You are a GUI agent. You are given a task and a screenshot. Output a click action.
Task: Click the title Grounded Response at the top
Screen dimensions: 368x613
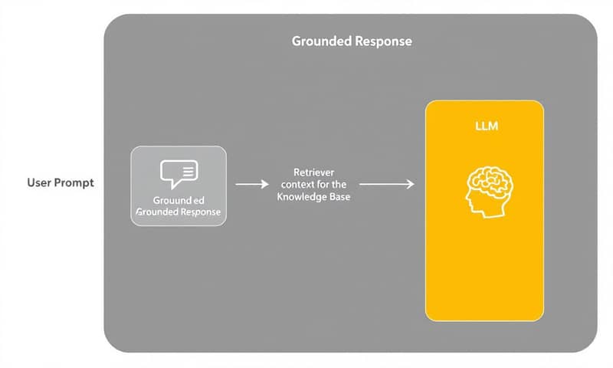[352, 41]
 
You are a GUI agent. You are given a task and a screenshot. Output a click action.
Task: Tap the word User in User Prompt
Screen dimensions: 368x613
[40, 183]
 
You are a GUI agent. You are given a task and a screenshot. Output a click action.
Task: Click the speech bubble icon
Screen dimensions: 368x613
[179, 173]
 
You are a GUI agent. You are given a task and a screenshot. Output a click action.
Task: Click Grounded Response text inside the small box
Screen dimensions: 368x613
[179, 212]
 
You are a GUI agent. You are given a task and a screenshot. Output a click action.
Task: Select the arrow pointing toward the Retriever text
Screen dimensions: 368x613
[251, 184]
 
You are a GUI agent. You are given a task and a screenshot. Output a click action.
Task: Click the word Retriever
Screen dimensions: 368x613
[313, 172]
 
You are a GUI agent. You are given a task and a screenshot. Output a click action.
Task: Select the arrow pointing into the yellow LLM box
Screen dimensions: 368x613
[386, 184]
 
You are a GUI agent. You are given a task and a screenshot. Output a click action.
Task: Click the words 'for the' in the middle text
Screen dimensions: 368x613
[336, 185]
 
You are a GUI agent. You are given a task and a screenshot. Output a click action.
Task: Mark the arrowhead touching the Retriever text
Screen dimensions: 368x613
[265, 184]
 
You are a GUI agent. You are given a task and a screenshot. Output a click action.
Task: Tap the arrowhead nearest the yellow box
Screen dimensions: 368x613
[411, 184]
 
